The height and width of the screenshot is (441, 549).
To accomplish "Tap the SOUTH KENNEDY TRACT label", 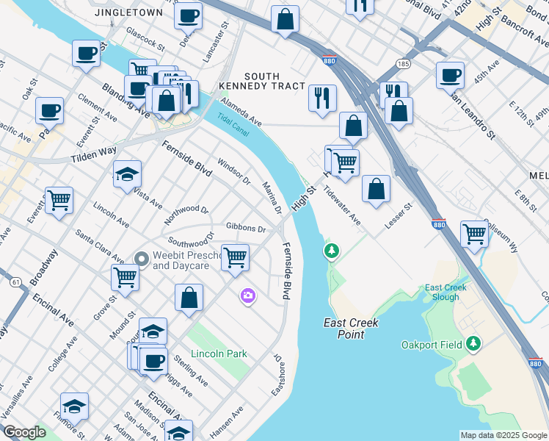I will pyautogui.click(x=263, y=81).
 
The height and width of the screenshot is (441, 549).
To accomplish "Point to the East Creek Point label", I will pyautogui.click(x=344, y=329).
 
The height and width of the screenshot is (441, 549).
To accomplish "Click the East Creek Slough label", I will pyautogui.click(x=441, y=292).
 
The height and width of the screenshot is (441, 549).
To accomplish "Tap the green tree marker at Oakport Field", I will pyautogui.click(x=474, y=343).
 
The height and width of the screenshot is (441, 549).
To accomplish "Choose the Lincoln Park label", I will pyautogui.click(x=219, y=354).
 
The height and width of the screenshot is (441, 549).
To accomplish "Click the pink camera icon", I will pyautogui.click(x=248, y=295).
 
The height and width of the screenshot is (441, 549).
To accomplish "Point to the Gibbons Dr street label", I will pyautogui.click(x=246, y=229).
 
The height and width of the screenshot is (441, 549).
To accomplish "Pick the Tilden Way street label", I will pyautogui.click(x=93, y=155).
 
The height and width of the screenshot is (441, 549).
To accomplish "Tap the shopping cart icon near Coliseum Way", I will pyautogui.click(x=475, y=234).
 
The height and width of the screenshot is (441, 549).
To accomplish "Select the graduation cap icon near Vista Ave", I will pyautogui.click(x=127, y=174).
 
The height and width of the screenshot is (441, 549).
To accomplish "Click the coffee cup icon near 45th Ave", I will pyautogui.click(x=449, y=74).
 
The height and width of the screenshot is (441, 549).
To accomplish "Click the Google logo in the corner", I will pyautogui.click(x=24, y=432).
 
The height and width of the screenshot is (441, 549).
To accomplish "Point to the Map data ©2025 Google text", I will pyautogui.click(x=503, y=435).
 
